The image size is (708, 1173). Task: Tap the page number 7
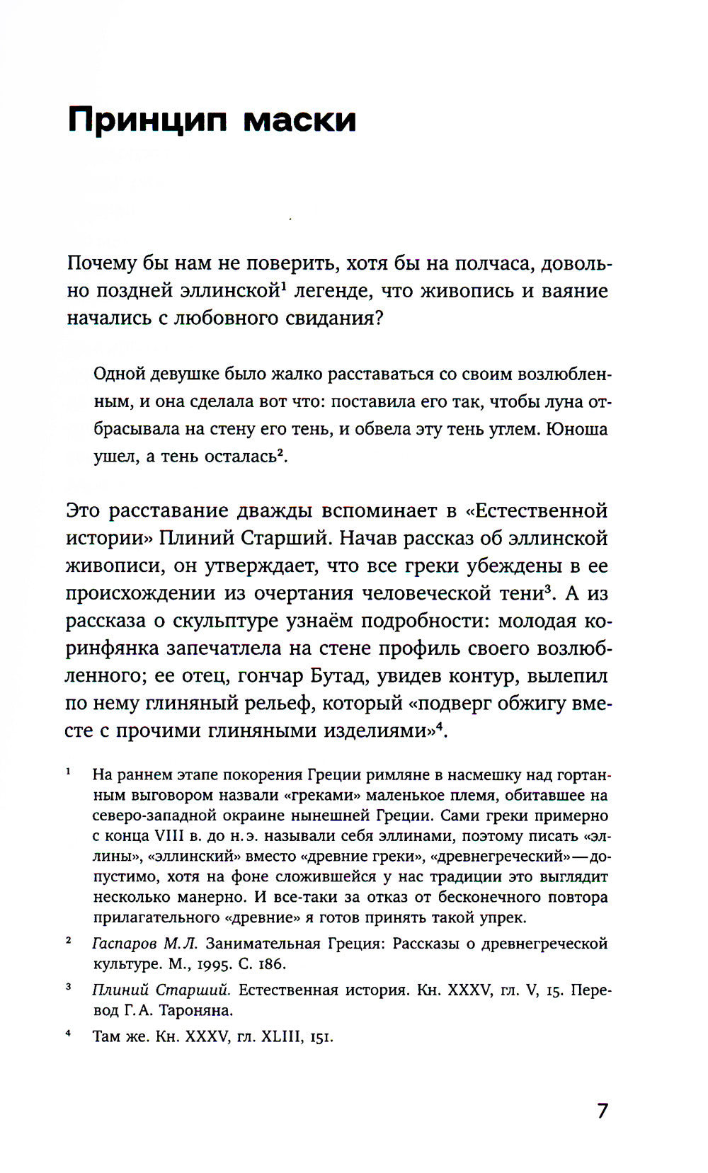[x=602, y=1110]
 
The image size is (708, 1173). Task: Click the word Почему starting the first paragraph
[x=101, y=263]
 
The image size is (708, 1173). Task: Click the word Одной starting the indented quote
[x=118, y=374]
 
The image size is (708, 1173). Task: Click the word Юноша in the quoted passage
[x=577, y=429]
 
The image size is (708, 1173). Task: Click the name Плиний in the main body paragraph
[x=195, y=538]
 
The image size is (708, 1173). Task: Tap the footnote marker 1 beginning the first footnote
[x=68, y=772]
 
